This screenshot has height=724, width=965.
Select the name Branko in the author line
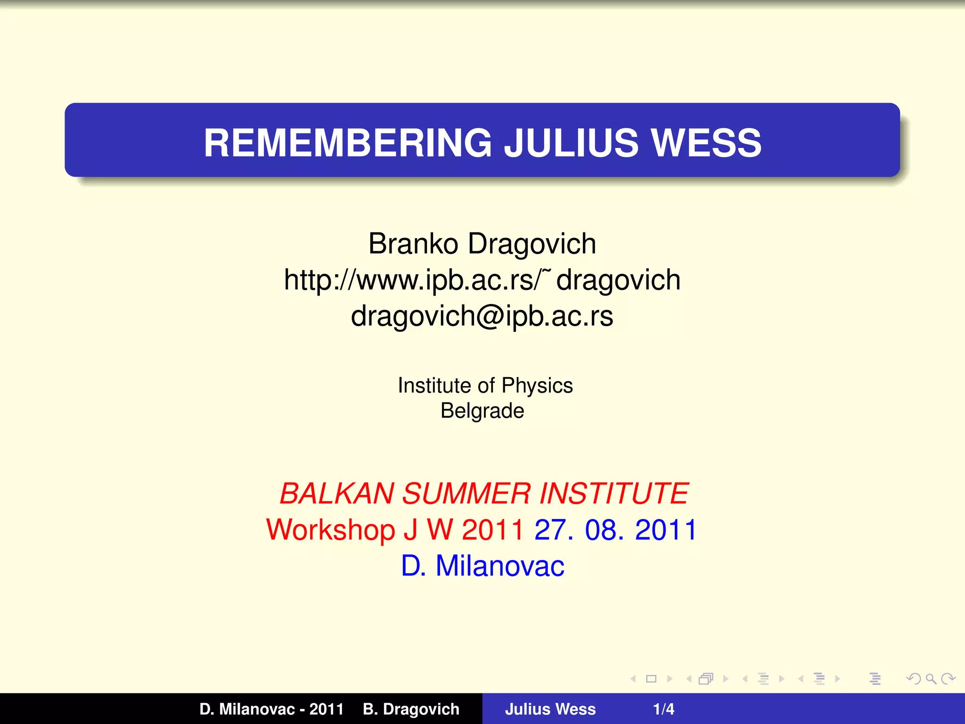[x=413, y=244]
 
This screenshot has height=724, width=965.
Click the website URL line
[x=482, y=280]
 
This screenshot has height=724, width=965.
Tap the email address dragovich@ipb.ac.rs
[x=482, y=316]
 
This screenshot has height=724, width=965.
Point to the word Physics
[x=537, y=386]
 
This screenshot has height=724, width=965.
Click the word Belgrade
[x=482, y=411]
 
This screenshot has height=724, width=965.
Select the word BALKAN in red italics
[x=336, y=494]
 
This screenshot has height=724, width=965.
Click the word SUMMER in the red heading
[x=466, y=494]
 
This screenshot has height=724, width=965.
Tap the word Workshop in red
[x=330, y=530]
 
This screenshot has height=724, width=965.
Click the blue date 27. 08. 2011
[x=615, y=530]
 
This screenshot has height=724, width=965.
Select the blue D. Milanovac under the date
[x=482, y=566]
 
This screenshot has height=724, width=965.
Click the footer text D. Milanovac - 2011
[x=271, y=709]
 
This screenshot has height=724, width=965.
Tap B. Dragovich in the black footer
[x=411, y=709]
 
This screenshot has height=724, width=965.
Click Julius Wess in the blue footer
[x=550, y=709]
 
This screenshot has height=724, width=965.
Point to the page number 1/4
[x=663, y=709]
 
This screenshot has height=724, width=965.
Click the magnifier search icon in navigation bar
[x=931, y=679]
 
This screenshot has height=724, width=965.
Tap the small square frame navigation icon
[x=651, y=679]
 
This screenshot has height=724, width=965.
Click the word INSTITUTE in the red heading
[x=613, y=494]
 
